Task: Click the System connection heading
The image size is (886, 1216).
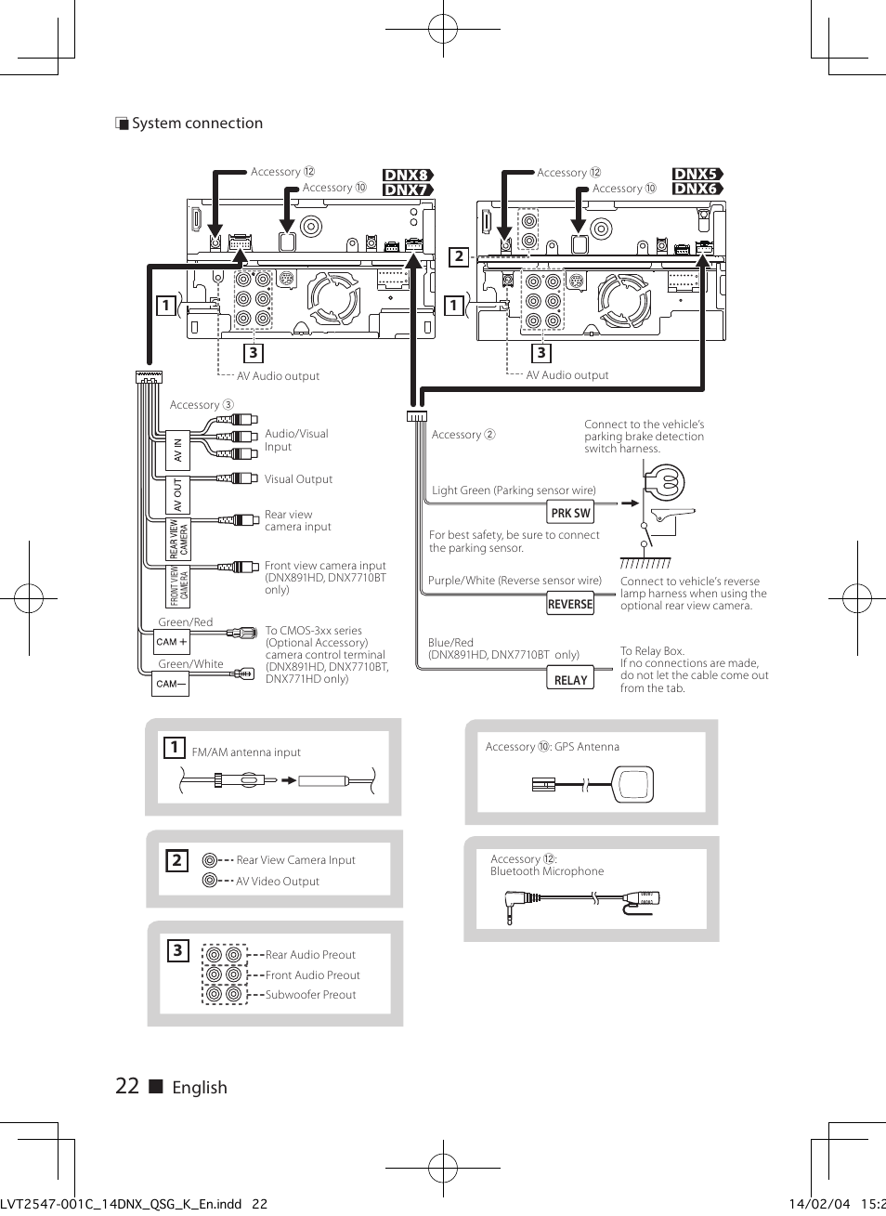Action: [x=196, y=124]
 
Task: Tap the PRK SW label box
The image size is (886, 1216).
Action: [x=570, y=513]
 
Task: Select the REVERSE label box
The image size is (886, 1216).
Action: [x=569, y=604]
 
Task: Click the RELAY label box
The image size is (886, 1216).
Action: [x=570, y=680]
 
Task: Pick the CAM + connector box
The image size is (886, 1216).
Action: [x=172, y=642]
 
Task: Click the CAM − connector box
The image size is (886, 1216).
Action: [x=172, y=684]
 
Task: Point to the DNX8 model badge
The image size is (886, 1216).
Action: [x=408, y=175]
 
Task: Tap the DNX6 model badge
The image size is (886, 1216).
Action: [x=697, y=189]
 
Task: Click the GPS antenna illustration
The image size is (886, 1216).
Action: [x=632, y=784]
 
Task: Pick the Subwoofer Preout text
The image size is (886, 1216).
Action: [x=310, y=995]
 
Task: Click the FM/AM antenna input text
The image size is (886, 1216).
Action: [x=246, y=752]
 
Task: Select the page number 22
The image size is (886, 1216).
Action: [x=127, y=1086]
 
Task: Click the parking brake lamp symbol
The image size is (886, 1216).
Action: [x=664, y=483]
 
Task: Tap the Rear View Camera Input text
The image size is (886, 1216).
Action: [x=295, y=860]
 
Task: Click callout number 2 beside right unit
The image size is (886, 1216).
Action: [x=459, y=256]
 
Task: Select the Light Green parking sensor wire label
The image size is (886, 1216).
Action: [x=514, y=490]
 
